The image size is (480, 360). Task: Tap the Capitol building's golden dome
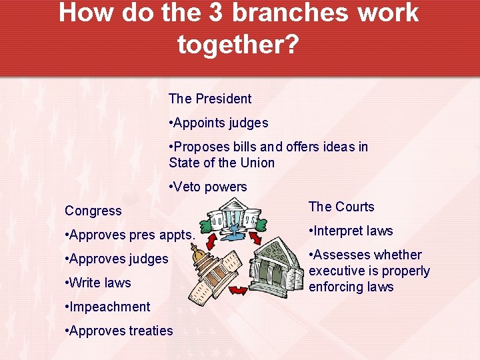click(198, 253)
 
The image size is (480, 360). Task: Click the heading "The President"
click(210, 99)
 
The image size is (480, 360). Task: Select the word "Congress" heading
click(93, 211)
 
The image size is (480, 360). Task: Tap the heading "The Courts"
click(341, 207)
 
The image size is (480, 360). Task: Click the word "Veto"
click(190, 187)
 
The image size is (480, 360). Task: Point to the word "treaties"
click(149, 331)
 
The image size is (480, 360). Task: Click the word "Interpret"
click(337, 231)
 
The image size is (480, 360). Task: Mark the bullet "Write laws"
click(100, 283)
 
